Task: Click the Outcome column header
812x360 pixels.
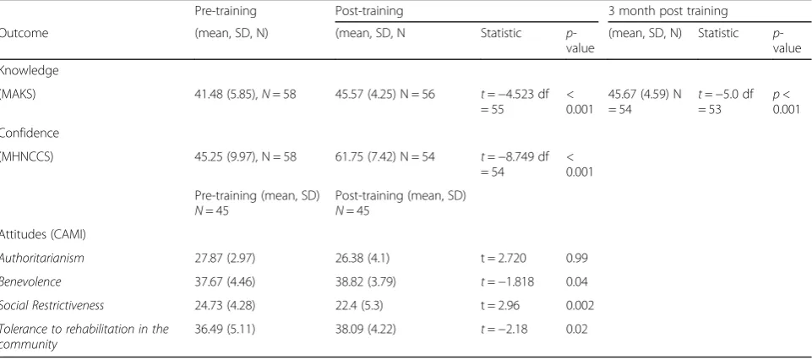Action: tap(24, 33)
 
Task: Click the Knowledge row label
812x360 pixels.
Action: tap(29, 71)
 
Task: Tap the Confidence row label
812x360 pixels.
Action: tap(30, 134)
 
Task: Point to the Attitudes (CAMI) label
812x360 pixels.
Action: tap(43, 234)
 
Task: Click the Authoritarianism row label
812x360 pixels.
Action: tap(42, 258)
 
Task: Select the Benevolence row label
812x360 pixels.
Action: tap(30, 281)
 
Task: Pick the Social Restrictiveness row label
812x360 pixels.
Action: tap(52, 306)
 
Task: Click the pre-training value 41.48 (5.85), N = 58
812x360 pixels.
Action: tap(246, 95)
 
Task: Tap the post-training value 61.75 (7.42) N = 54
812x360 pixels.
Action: tap(385, 157)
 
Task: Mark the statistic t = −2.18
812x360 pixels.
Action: tap(504, 330)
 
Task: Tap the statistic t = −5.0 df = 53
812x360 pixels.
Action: tap(726, 102)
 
